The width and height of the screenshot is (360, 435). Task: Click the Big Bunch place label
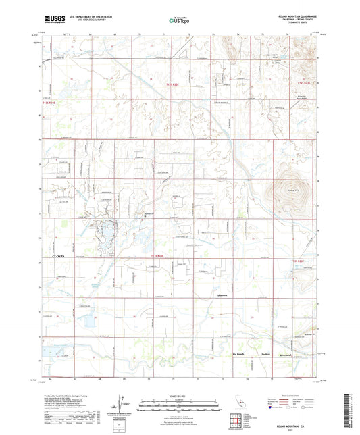pyautogui.click(x=238, y=353)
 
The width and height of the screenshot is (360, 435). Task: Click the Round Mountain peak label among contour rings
pyautogui.click(x=289, y=190)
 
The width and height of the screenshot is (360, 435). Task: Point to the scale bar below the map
pyautogui.click(x=179, y=402)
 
